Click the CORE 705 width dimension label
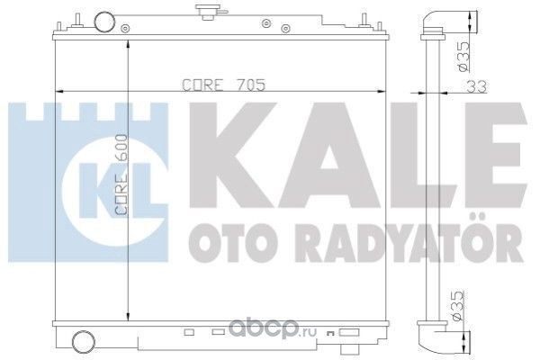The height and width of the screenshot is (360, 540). (x=224, y=85)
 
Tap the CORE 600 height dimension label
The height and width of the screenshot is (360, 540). (x=121, y=175)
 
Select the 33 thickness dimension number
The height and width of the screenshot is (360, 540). (x=477, y=86)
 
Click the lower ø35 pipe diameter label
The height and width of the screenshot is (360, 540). (x=458, y=306)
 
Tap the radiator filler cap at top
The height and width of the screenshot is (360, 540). (x=210, y=12)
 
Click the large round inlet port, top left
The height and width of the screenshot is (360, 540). (x=104, y=22)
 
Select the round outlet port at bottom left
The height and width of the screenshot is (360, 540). (x=84, y=341)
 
